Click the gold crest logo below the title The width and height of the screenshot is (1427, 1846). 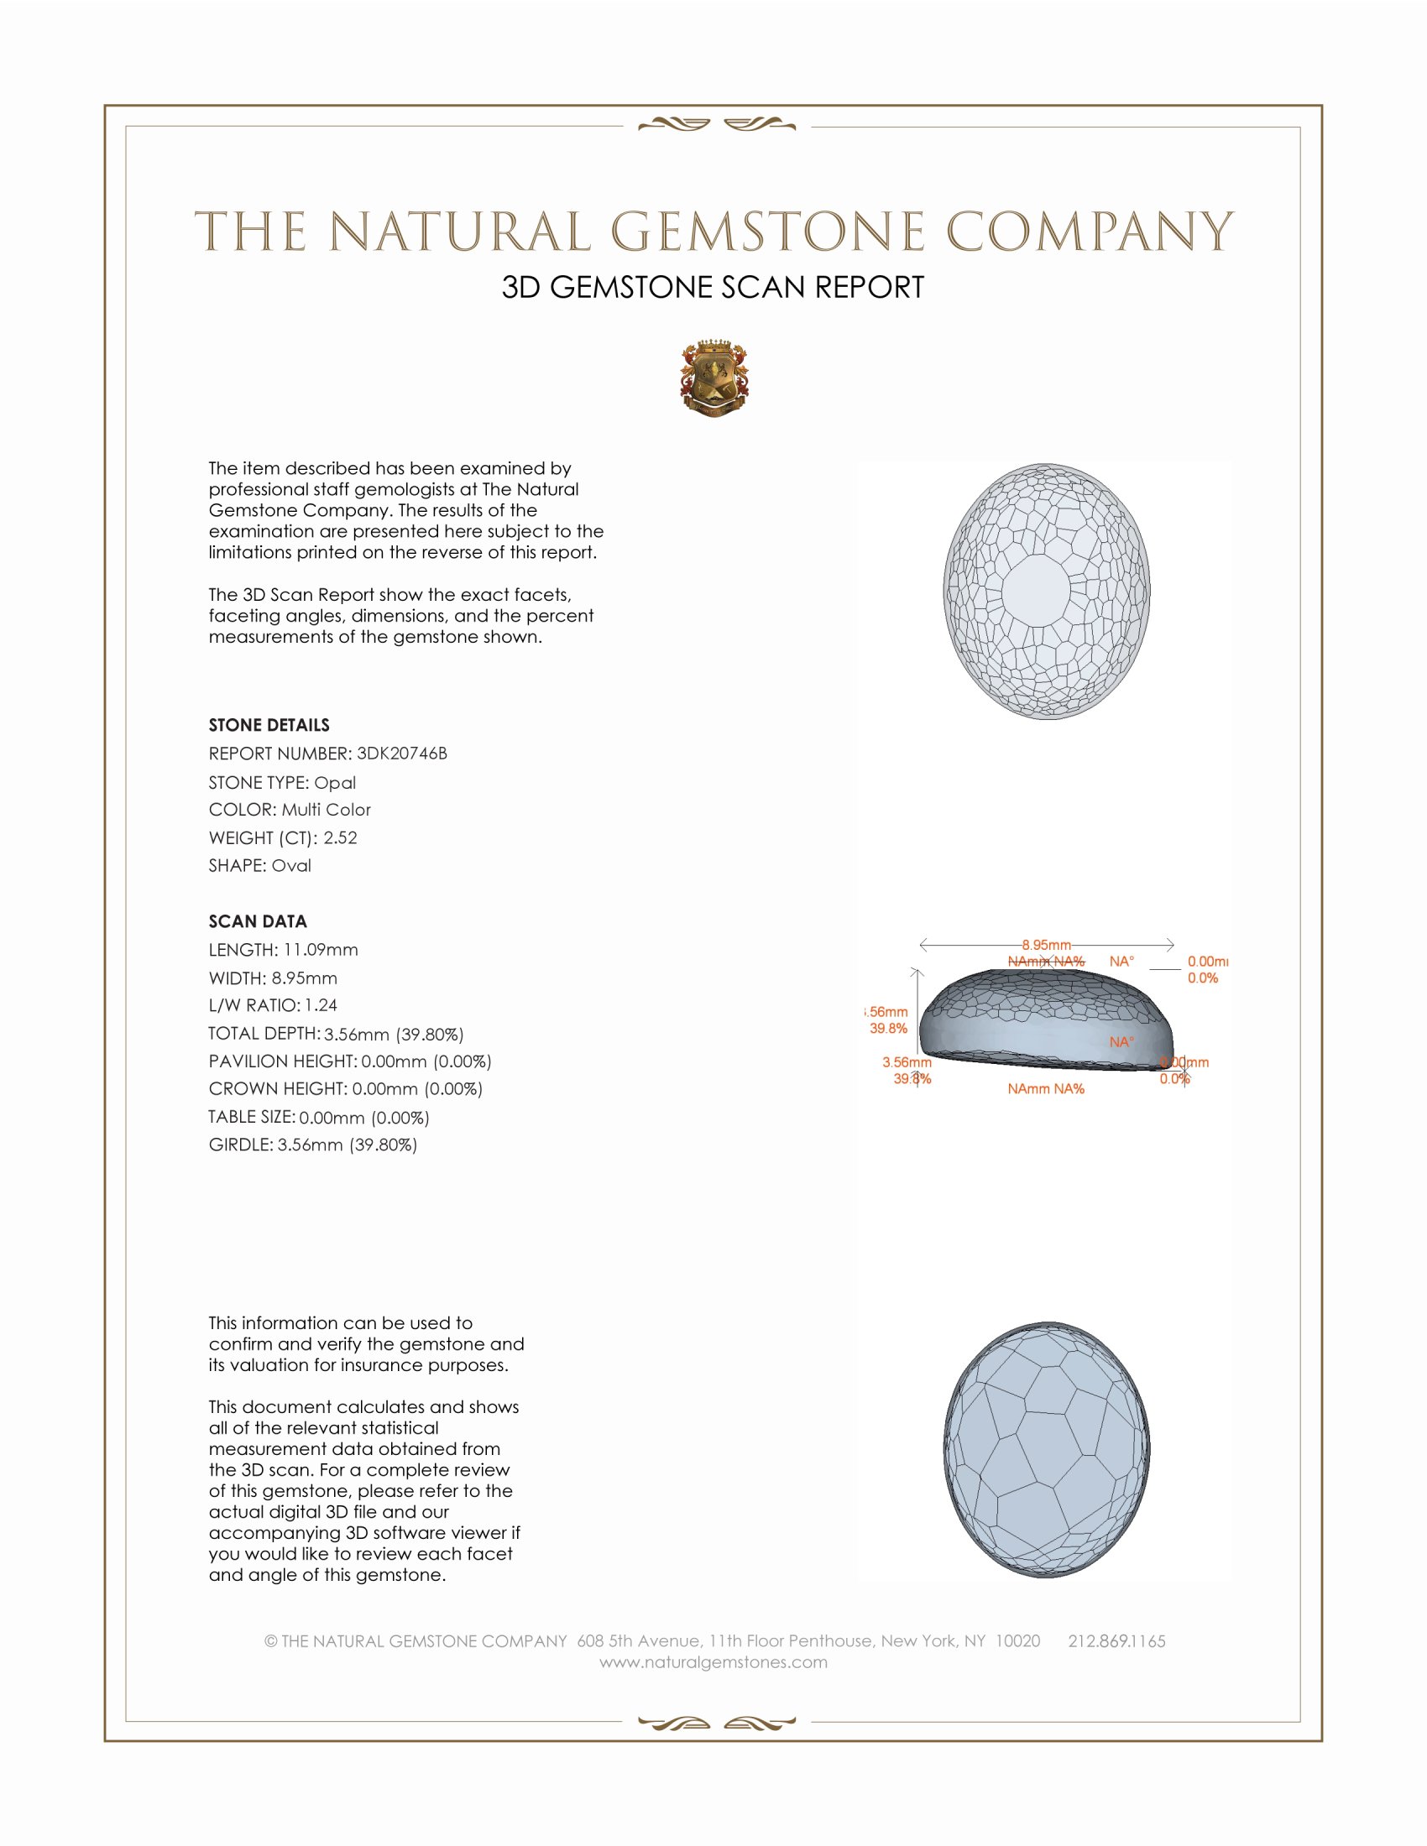[x=714, y=378]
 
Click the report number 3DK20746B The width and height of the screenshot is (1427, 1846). [x=401, y=754]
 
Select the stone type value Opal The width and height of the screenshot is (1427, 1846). [x=335, y=783]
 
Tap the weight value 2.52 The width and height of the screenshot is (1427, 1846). [x=340, y=837]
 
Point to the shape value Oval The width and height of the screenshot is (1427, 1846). [x=290, y=866]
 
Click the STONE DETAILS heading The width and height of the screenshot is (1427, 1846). [x=269, y=725]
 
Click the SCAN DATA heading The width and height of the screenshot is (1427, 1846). [x=258, y=921]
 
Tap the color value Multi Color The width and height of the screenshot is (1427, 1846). [x=327, y=810]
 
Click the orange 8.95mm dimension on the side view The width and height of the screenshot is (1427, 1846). [x=1046, y=944]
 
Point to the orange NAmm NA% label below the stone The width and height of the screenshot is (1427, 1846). [x=1046, y=1088]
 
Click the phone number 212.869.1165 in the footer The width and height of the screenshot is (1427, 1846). [x=1116, y=1641]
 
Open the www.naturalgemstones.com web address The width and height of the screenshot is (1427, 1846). [x=713, y=1662]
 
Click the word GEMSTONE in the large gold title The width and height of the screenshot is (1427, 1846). [x=767, y=232]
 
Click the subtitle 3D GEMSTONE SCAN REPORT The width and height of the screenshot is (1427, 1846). [x=713, y=287]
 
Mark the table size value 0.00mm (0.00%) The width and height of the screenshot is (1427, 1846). [x=364, y=1118]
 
